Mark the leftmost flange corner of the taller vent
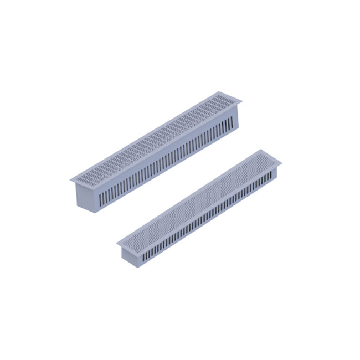coord(70,180)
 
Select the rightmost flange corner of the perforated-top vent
coord(281,163)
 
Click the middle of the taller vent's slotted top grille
coord(156,137)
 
